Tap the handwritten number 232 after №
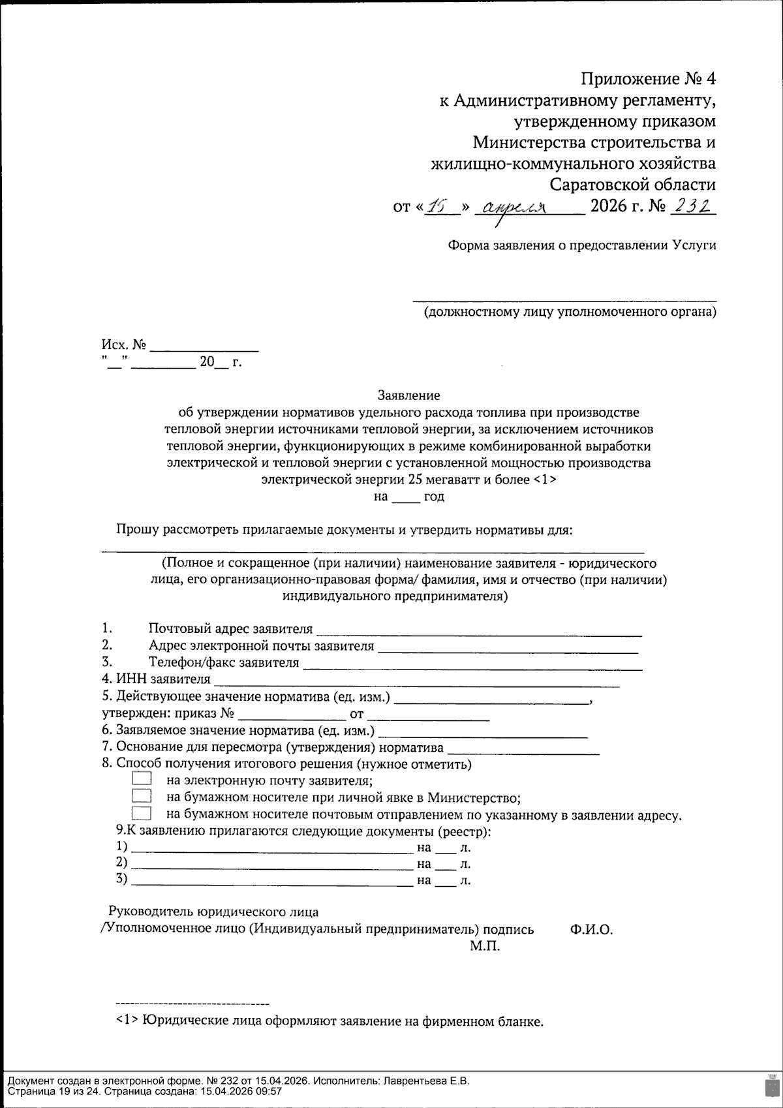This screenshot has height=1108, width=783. click(694, 206)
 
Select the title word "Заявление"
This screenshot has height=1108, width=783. click(408, 395)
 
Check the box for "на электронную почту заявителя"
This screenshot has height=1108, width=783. click(141, 778)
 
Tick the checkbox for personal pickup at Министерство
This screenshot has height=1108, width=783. click(141, 796)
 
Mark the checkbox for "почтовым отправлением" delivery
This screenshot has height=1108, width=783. click(141, 814)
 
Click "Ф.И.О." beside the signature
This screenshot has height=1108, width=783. click(591, 929)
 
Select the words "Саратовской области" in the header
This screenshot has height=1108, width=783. click(632, 185)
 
